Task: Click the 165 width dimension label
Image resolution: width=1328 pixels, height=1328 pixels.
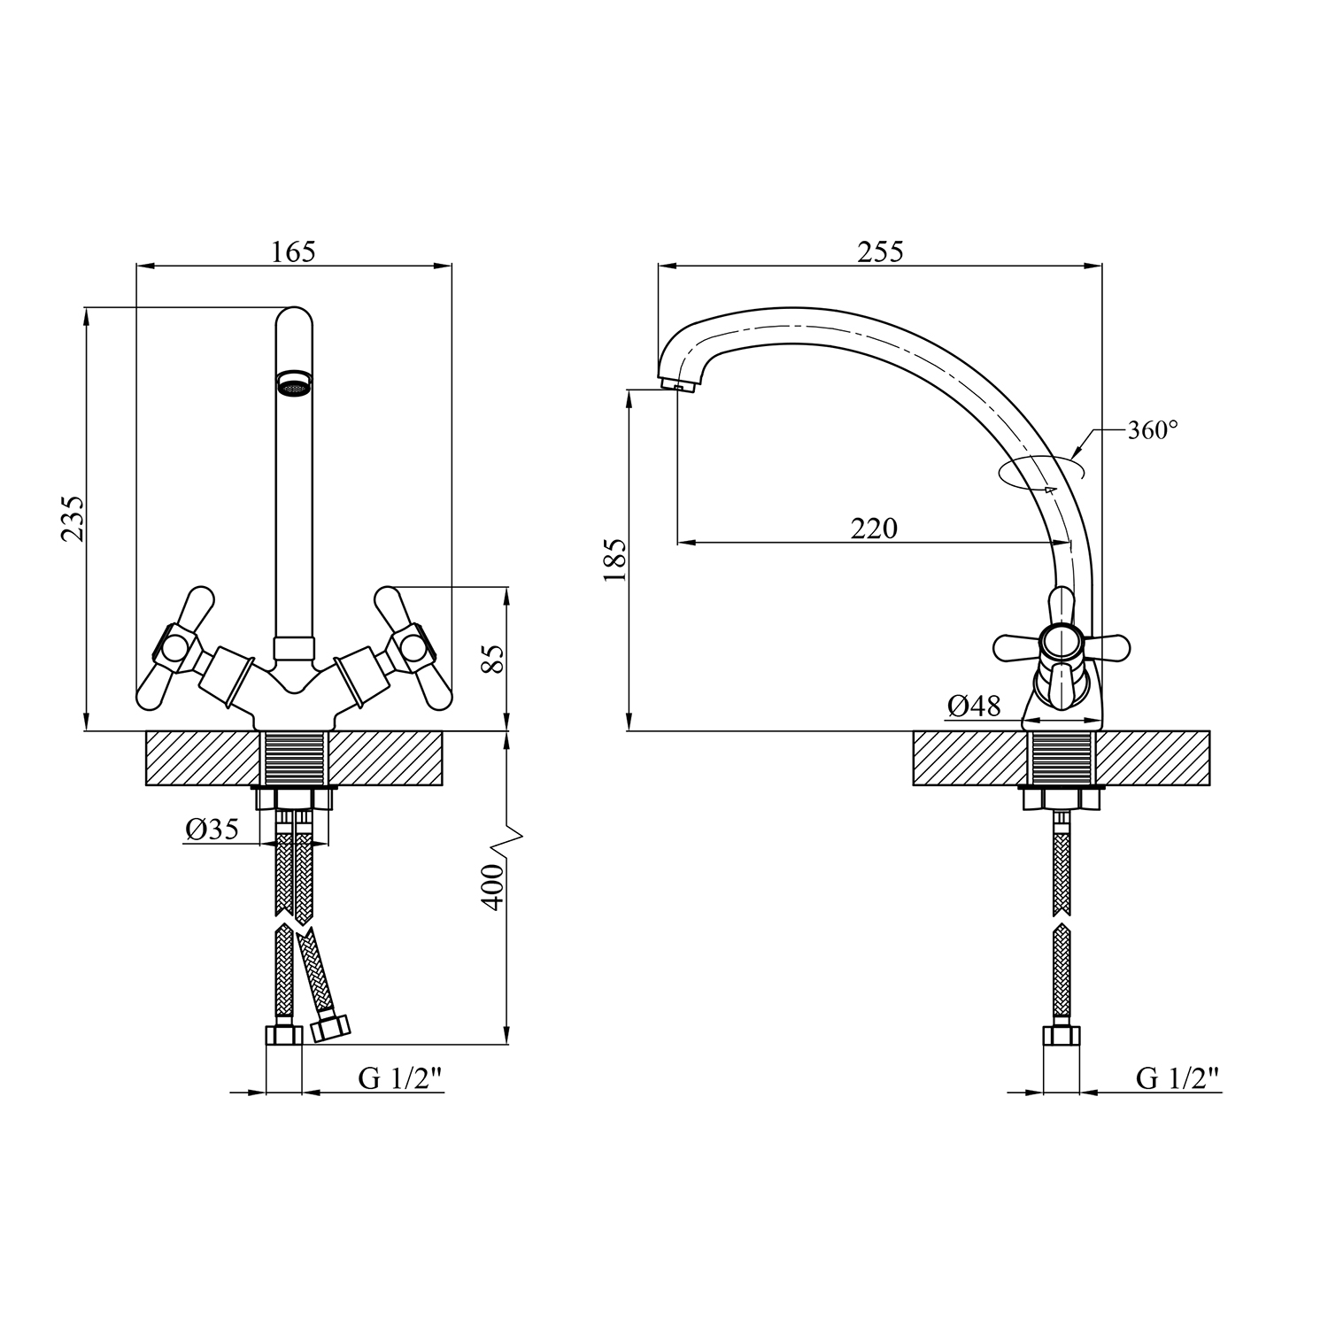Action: coord(293,251)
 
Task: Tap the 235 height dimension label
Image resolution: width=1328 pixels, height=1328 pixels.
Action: coord(73,519)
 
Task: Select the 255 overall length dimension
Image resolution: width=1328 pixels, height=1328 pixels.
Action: coord(881,251)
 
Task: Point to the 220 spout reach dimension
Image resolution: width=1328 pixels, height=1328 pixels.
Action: coord(874,529)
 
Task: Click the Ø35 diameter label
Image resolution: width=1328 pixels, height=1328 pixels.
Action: coord(212,830)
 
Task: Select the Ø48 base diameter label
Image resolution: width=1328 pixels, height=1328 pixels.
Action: coord(974,706)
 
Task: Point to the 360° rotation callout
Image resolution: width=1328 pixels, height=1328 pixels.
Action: coord(1153,430)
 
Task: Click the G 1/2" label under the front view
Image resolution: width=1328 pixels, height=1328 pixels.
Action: coord(399,1077)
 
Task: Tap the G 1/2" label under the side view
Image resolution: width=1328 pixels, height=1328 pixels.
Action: coord(1177,1077)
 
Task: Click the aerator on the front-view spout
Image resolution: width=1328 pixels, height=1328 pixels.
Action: coord(294,383)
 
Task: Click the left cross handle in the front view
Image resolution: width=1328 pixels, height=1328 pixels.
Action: coord(176,647)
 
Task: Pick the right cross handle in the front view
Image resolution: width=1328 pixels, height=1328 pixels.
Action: coord(413,647)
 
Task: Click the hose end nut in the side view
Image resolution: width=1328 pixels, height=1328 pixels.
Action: coord(1062,1036)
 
